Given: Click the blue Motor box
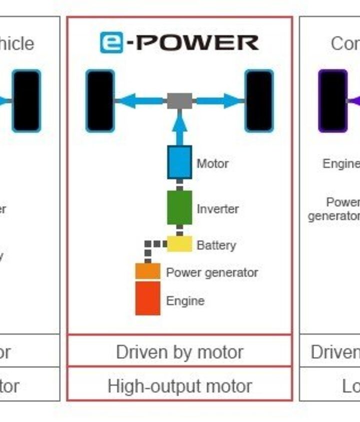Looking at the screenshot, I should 179,162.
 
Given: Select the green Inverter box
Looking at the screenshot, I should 179,208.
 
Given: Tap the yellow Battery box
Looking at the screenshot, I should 179,244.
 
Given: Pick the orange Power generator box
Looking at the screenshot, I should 148,271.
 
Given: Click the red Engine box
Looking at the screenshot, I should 148,298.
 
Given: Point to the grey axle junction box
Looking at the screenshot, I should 179,101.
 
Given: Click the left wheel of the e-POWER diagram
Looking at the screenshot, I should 100,101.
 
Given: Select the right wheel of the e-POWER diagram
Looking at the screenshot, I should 259,101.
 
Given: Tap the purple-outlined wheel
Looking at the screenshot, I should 333,101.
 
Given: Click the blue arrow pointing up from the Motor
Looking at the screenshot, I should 179,127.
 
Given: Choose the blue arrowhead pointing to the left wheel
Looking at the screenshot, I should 123,101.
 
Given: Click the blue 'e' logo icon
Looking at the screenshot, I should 111,43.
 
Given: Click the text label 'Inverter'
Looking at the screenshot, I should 217,209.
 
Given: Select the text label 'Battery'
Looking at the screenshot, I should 216,245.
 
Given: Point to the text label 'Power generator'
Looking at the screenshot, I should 212,273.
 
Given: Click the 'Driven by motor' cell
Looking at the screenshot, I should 179,352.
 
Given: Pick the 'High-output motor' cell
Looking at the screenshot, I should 179,386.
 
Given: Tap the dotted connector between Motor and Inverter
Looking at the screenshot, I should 179,185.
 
